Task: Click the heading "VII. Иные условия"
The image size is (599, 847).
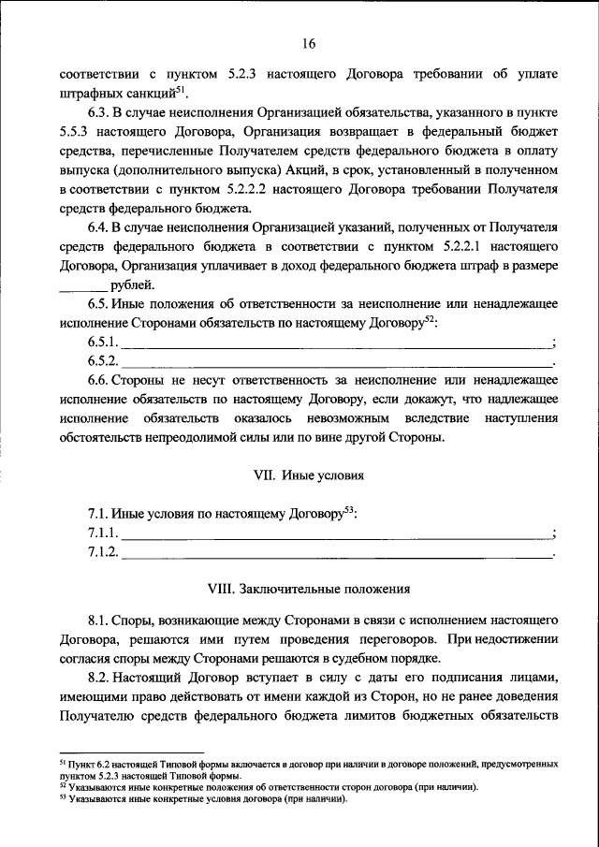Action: click(308, 475)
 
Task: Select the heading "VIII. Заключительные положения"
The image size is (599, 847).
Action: click(309, 590)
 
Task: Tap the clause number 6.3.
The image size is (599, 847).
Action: click(101, 116)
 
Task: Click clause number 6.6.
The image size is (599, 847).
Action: click(101, 381)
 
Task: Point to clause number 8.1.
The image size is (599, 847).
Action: click(101, 621)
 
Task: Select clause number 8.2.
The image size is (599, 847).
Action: click(101, 677)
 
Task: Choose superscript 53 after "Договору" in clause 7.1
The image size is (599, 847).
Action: click(349, 510)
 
